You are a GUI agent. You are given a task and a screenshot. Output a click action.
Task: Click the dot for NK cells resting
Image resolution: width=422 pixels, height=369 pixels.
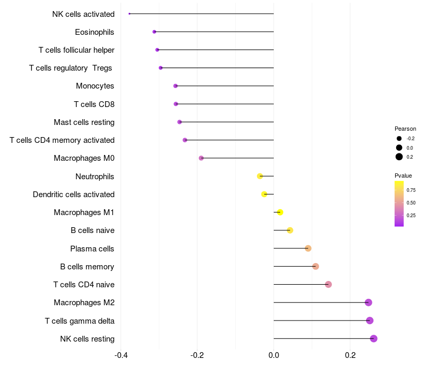(373, 338)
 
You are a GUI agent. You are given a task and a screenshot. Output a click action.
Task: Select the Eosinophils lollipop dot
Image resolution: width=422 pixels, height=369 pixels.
(154, 32)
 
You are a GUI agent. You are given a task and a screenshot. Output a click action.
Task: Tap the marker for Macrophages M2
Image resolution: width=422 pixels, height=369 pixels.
(368, 303)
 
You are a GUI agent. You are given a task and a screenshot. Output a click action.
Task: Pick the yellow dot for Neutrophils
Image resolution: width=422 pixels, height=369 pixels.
(260, 176)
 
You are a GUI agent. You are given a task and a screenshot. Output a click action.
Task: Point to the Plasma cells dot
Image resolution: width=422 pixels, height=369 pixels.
(308, 248)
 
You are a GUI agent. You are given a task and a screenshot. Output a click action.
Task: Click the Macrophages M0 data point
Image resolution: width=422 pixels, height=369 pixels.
(201, 158)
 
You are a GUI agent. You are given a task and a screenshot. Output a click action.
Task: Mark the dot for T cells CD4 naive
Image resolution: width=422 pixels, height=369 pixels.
(328, 285)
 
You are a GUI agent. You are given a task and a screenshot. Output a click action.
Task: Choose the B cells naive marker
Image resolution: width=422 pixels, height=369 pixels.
(290, 230)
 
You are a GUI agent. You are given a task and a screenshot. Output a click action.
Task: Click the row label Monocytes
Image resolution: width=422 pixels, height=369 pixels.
(95, 86)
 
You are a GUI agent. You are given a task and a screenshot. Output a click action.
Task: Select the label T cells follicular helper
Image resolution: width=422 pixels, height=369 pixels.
(76, 50)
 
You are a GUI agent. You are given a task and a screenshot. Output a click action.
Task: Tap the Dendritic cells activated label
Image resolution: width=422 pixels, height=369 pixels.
(73, 195)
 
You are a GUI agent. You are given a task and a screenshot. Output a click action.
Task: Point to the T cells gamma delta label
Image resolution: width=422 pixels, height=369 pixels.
(80, 321)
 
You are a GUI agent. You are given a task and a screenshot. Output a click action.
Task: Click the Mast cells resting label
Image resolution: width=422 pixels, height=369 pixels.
(84, 122)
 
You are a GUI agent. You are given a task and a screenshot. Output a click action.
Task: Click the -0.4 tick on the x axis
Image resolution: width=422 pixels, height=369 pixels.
(120, 355)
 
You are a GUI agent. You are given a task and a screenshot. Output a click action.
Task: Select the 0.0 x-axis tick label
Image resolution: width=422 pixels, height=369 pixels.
(274, 355)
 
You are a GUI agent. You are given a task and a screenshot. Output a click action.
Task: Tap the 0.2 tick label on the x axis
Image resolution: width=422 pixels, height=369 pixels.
(350, 355)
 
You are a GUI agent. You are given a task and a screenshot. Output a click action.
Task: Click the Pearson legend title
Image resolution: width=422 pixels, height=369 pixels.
(405, 129)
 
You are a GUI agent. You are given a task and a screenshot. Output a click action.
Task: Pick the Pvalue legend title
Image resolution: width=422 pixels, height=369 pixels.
(404, 176)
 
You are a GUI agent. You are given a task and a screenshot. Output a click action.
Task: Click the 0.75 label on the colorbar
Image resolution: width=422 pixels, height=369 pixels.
(411, 190)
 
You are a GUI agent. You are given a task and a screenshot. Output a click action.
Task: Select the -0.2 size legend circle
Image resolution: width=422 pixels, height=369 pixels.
(399, 139)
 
